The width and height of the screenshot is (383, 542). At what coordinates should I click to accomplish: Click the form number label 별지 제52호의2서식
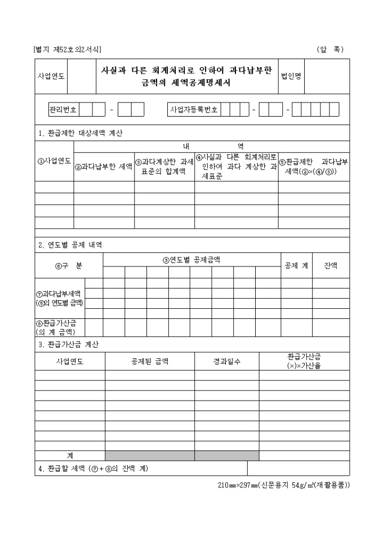point(68,50)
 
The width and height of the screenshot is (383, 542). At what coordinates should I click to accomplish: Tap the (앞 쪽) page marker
point(330,50)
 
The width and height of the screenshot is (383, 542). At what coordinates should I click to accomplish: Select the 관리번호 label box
point(63,109)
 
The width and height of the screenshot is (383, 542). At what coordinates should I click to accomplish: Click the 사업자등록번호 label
point(194,109)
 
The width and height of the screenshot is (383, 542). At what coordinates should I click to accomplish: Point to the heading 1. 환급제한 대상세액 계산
point(80,134)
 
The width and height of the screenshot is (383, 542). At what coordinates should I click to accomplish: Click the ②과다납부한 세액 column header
point(104,166)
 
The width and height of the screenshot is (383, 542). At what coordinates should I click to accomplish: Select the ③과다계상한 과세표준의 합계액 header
point(164,166)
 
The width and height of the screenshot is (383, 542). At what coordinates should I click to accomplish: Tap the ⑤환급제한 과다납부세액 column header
point(314,166)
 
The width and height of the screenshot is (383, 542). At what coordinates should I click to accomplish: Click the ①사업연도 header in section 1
point(54,161)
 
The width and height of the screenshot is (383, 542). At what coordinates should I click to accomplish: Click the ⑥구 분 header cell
point(69,266)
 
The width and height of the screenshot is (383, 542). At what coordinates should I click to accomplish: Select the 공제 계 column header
point(296,266)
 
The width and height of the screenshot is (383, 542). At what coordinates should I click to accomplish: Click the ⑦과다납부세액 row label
point(60,298)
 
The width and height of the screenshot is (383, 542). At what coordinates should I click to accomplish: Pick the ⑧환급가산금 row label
point(60,326)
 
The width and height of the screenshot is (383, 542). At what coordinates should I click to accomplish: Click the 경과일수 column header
point(227,361)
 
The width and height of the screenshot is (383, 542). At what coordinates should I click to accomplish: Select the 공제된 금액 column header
point(150,361)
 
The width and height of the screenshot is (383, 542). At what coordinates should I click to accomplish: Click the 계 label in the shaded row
point(70,455)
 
